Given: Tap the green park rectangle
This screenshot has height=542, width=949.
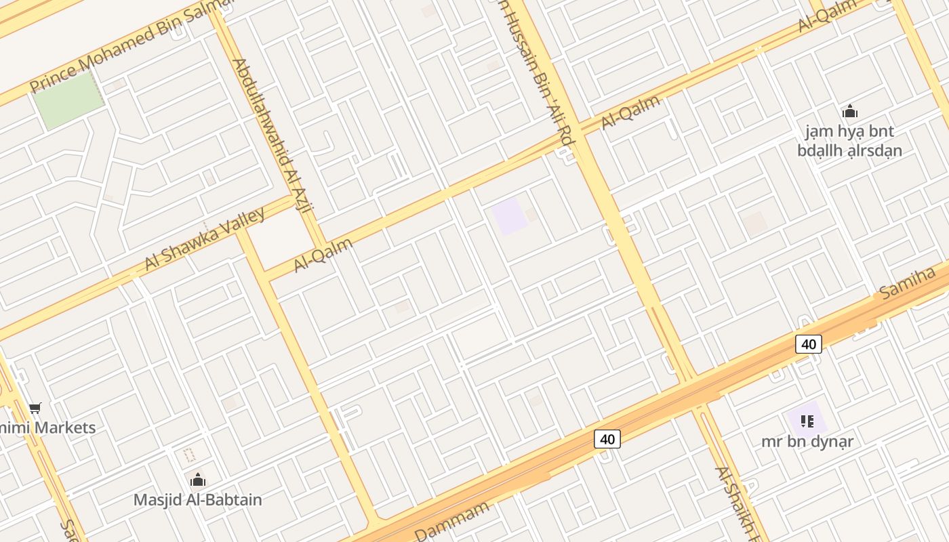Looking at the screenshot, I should (68, 100).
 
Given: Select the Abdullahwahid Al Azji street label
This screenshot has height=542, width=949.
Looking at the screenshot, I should (270, 135).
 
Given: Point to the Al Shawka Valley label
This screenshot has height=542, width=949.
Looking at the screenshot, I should (205, 238).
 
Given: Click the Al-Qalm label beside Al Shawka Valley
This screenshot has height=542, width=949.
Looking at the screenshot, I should (323, 255).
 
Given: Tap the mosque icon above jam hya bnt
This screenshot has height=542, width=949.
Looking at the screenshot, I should (849, 112).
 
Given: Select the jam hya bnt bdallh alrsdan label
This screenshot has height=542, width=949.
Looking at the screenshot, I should (849, 141).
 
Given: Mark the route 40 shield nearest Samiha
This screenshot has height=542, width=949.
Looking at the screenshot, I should (808, 344).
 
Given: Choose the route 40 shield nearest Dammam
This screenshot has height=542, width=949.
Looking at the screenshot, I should (607, 439).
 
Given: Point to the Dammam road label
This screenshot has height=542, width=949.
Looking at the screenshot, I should (451, 520).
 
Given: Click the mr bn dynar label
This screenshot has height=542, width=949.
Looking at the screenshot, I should (807, 442).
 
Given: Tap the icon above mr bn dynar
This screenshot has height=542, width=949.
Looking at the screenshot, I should (807, 421).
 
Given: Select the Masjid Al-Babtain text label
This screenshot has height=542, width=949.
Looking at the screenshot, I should (197, 500).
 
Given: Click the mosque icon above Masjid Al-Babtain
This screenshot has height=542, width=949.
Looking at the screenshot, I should (197, 480).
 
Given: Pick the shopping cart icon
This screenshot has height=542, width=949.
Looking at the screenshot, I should (35, 408).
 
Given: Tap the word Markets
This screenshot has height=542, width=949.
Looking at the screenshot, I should (64, 428).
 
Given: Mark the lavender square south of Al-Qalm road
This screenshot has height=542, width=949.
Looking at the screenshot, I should (509, 217).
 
